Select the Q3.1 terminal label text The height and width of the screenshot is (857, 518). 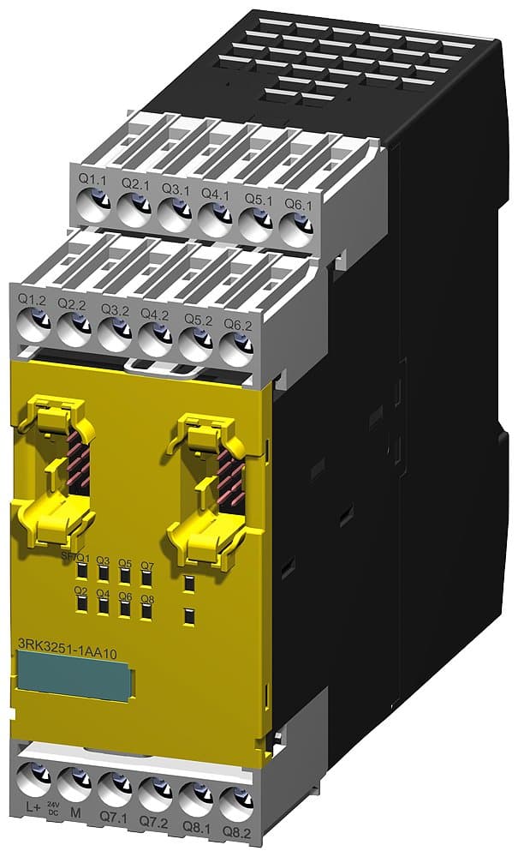(x=175, y=186)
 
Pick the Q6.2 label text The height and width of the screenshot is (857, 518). (x=237, y=325)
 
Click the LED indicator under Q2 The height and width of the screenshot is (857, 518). (x=82, y=606)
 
